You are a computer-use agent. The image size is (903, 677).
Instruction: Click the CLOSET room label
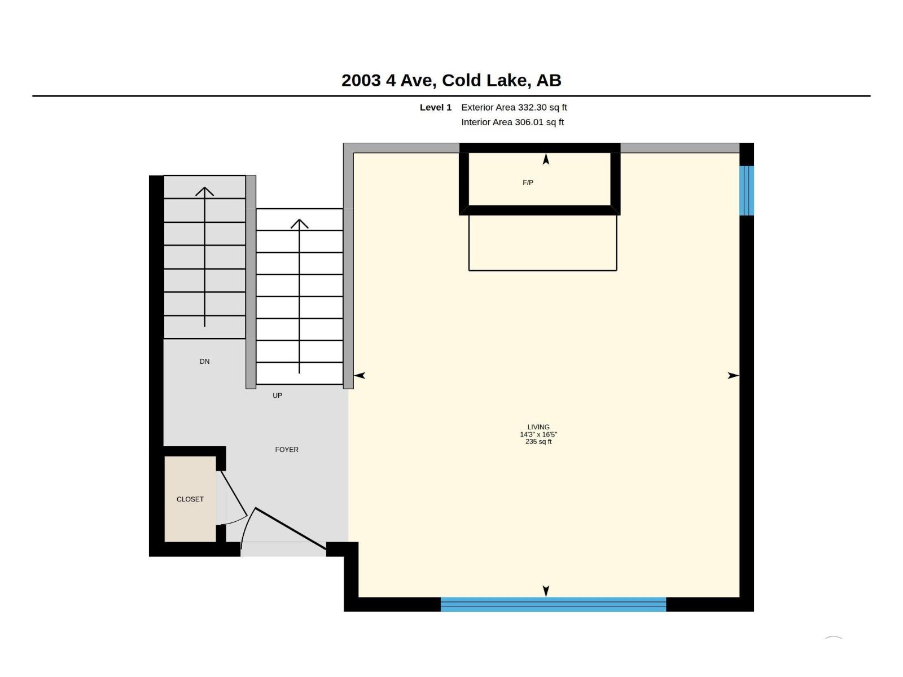coord(190,499)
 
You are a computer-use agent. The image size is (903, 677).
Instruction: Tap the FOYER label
coord(286,450)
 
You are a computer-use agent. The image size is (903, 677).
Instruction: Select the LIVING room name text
coord(538,427)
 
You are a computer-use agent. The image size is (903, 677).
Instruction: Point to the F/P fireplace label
coord(528,182)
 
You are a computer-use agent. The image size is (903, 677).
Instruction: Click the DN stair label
coord(204,361)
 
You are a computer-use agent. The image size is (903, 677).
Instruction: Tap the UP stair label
coord(277,395)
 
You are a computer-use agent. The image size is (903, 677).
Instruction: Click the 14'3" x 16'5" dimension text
coord(538,434)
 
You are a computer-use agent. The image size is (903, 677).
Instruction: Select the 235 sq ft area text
coord(538,442)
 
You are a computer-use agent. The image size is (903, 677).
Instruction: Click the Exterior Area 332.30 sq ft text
coord(514,107)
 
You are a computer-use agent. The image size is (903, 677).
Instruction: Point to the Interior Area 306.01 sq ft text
coord(512,122)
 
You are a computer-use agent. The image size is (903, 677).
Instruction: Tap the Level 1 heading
coord(435,107)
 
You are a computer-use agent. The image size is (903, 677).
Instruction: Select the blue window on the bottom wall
coord(553,604)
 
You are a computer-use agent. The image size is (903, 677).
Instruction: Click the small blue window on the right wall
coord(746,190)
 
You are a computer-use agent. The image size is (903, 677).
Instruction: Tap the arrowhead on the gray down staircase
coord(204,191)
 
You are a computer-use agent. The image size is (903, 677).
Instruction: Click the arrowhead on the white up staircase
coord(299,223)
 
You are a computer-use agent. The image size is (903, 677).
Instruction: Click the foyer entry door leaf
coord(291,528)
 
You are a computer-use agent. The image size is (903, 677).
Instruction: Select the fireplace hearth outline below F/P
coord(542,243)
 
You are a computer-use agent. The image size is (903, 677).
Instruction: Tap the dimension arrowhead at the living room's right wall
coord(734,375)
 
